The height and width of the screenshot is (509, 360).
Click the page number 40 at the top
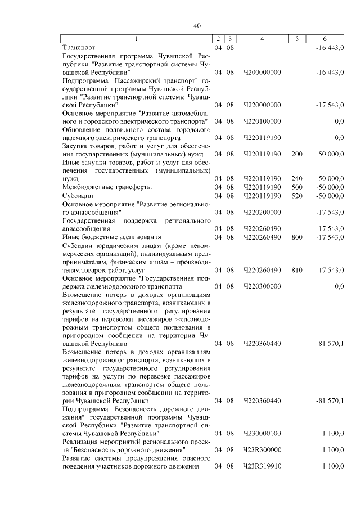196,25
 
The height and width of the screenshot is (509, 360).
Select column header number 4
262,38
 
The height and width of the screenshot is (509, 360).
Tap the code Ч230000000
262,434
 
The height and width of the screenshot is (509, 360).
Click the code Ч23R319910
262,466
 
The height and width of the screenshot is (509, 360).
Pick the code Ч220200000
262,213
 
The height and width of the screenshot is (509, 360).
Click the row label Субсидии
78,195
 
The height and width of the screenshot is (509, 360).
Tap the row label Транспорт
79,48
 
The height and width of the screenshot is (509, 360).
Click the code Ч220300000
262,286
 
